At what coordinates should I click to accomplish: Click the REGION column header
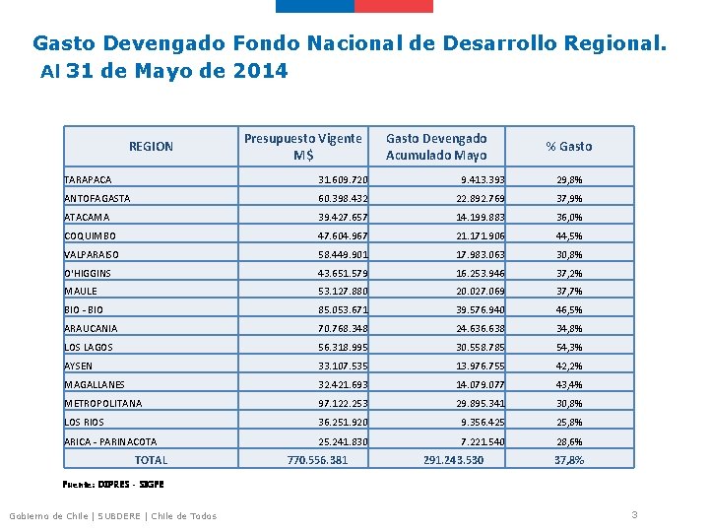click(151, 147)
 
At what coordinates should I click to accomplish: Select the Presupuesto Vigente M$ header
click(302, 147)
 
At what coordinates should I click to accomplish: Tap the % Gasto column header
click(569, 147)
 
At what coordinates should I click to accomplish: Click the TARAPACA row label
click(88, 180)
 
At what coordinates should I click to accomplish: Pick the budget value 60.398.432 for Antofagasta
click(343, 199)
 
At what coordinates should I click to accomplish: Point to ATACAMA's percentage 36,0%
click(569, 218)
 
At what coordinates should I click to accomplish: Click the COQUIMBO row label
click(90, 236)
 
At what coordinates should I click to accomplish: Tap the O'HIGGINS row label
click(88, 274)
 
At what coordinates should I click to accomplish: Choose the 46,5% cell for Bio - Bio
click(569, 310)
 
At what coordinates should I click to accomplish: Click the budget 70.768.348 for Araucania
click(343, 329)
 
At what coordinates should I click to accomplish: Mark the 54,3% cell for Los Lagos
click(569, 348)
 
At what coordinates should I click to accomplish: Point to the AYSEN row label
click(79, 366)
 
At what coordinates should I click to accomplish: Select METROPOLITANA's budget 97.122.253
click(343, 404)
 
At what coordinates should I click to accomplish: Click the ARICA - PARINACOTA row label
click(110, 442)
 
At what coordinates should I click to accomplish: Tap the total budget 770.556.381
click(317, 460)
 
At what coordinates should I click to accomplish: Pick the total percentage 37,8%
click(569, 460)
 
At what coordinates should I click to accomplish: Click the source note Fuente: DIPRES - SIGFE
click(113, 485)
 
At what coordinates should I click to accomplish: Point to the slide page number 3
click(635, 514)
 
